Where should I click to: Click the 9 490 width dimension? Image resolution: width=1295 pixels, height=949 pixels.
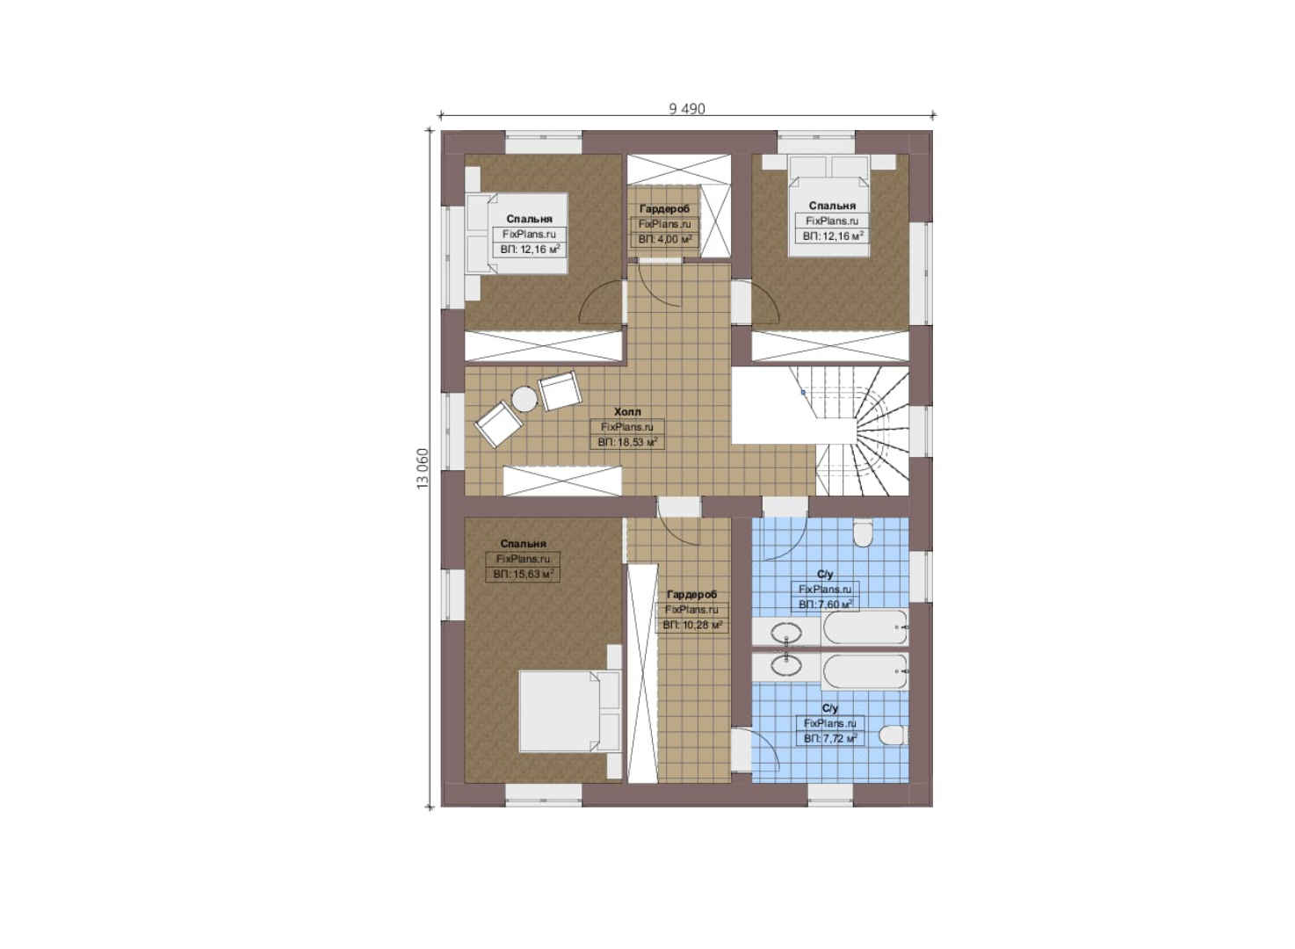pos(687,109)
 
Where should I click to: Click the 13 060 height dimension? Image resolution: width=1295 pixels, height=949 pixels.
pos(423,469)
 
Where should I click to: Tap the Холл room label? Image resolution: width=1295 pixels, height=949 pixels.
pos(627,412)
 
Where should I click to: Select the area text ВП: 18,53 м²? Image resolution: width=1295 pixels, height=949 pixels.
pos(627,442)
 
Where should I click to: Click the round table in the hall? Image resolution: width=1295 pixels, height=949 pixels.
pos(525,399)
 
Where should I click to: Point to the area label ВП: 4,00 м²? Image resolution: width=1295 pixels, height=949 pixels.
pos(665,239)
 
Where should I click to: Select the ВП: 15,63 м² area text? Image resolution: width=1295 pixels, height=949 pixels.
pos(524,575)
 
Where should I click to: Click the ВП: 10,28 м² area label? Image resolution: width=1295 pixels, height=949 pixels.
pos(692,625)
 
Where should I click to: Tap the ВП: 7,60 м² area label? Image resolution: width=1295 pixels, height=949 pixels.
pos(825,605)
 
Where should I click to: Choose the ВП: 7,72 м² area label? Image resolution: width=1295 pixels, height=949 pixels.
pos(830,738)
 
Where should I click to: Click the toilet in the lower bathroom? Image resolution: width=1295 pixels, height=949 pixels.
pos(893,735)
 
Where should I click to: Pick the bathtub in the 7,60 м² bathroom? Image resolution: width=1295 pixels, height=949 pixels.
pos(865,627)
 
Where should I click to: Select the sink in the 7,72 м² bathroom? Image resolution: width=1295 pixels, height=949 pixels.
pos(787,665)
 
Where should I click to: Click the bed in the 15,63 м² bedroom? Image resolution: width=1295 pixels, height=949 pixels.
pos(570,711)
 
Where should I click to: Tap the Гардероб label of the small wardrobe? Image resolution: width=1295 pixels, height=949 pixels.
pos(664,209)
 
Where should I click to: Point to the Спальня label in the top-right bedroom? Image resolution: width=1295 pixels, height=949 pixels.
pos(832,206)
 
